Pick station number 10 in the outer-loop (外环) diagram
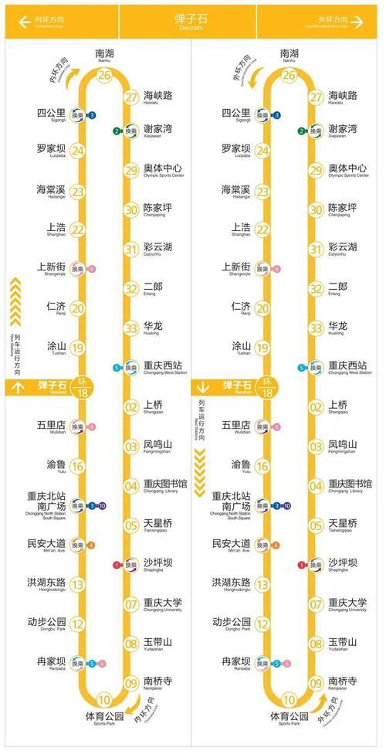coord(289,702)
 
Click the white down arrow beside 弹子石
coord(203,387)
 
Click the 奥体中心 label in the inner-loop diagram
coord(163,169)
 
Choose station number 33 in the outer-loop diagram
coord(316,328)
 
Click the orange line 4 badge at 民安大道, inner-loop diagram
coord(92,545)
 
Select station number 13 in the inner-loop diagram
coord(78,585)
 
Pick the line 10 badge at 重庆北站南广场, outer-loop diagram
coord(286,506)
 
